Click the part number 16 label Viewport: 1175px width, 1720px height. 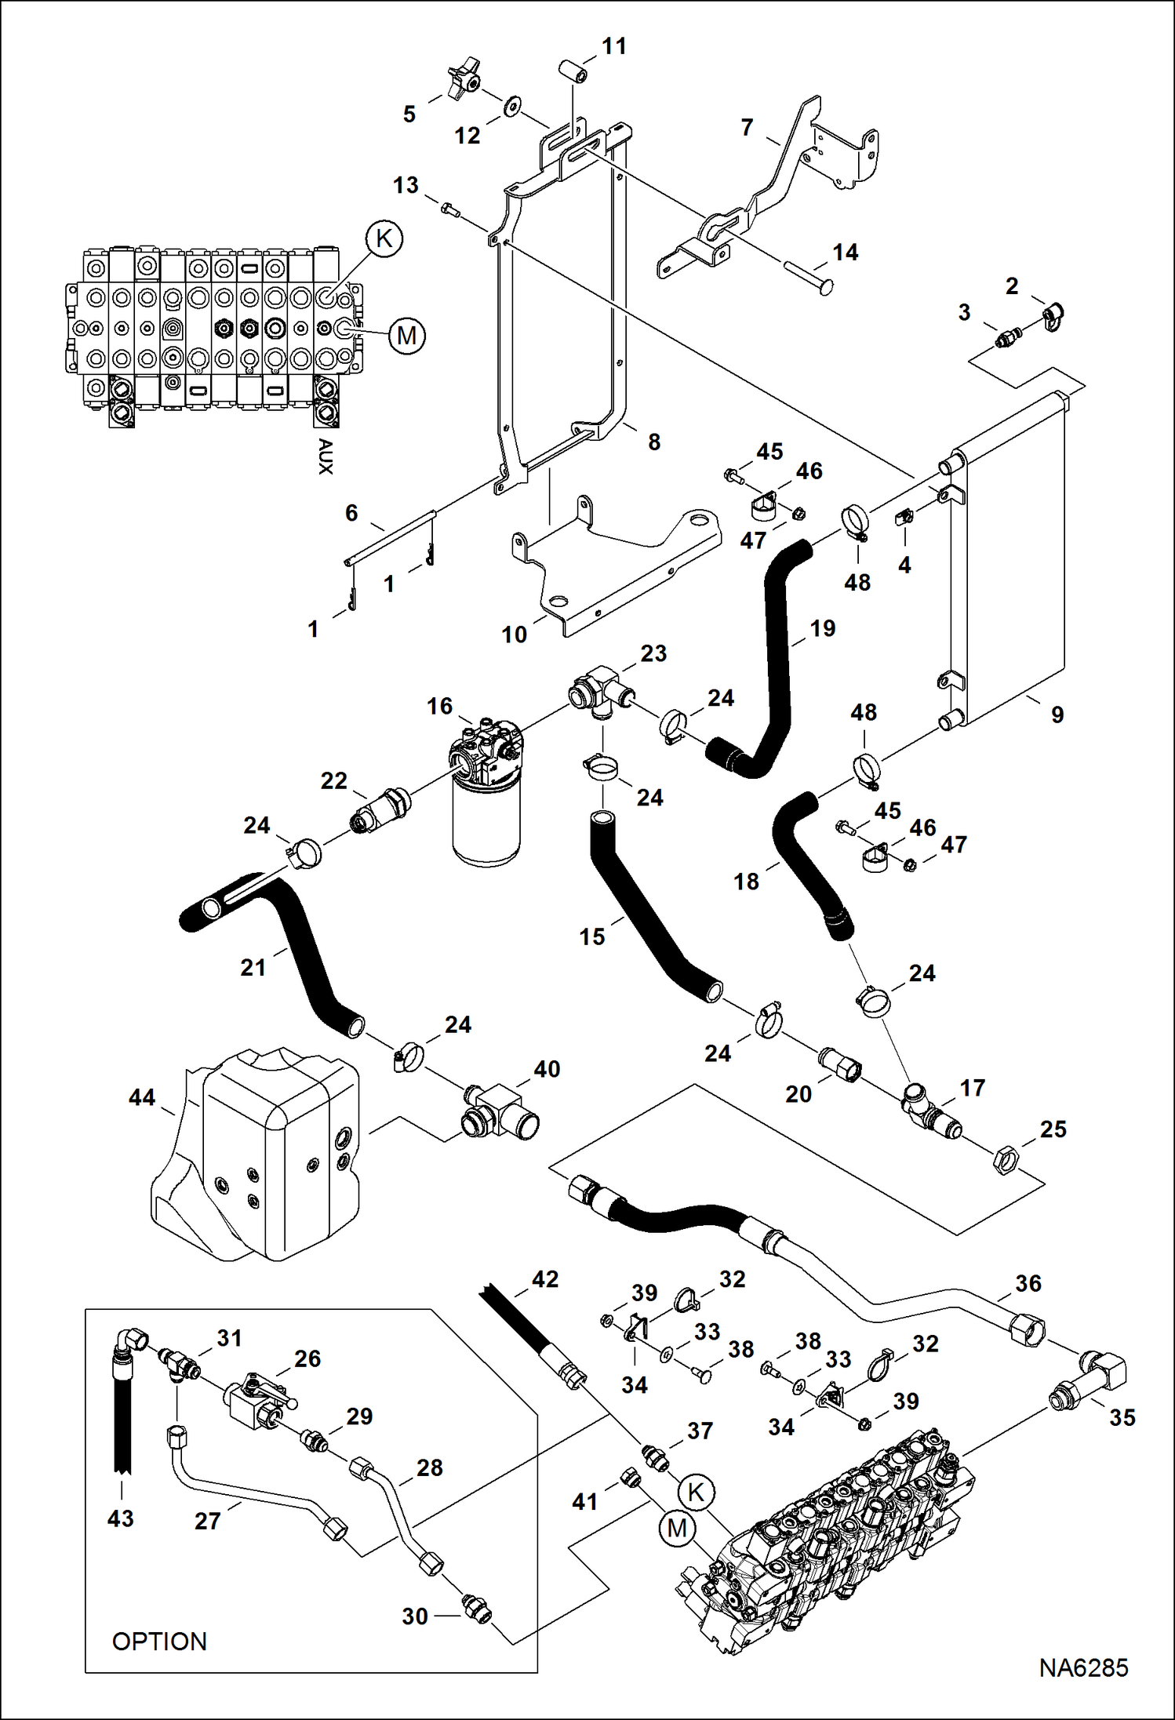(439, 706)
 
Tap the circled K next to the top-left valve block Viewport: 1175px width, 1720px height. (384, 238)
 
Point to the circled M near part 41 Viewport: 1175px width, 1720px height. (677, 1528)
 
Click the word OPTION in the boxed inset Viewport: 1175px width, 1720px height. (159, 1641)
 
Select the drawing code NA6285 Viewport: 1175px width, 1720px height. (1083, 1667)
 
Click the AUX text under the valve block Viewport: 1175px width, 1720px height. (325, 456)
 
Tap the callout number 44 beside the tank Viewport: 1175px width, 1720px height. (142, 1097)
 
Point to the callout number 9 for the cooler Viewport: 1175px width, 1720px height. (1057, 715)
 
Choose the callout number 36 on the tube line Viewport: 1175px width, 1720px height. (1028, 1284)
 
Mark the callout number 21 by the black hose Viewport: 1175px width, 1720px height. (253, 967)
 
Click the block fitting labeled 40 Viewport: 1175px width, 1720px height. (499, 1111)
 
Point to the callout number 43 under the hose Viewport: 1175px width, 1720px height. (121, 1518)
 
